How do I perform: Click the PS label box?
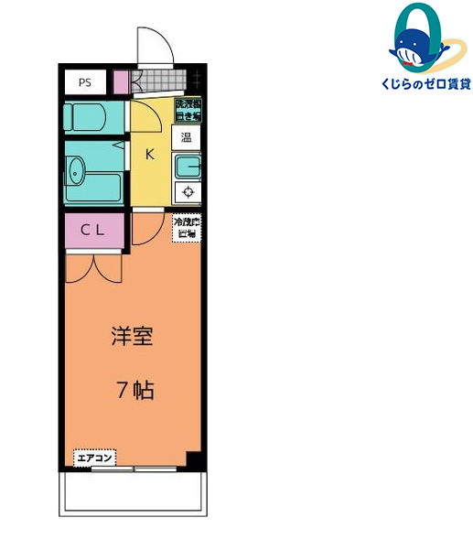(x=84, y=82)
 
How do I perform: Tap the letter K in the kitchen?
(x=149, y=154)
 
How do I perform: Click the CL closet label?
(x=92, y=231)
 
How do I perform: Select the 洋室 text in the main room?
(x=132, y=336)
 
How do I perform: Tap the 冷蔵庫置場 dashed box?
(x=187, y=226)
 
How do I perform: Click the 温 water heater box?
(x=186, y=139)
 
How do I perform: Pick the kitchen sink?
(x=187, y=167)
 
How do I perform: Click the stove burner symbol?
(x=188, y=192)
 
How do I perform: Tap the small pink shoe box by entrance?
(x=122, y=82)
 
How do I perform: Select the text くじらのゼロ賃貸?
(x=424, y=84)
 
